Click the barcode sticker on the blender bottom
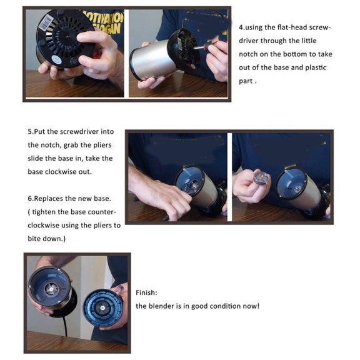46,22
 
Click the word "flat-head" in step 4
292,27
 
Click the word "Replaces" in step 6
47,198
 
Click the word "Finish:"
146,292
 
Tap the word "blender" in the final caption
164,306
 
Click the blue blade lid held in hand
102,308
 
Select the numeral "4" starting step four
241,27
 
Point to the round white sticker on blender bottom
56,59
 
